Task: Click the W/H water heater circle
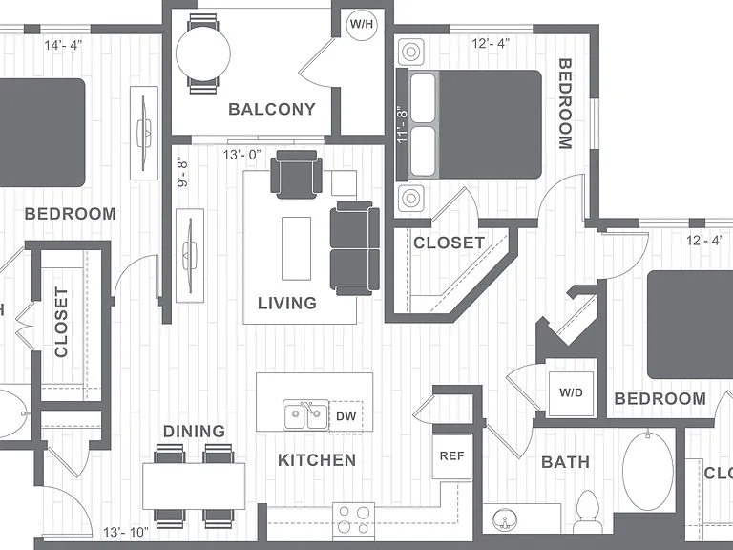pos(362,24)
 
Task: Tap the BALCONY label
pos(272,110)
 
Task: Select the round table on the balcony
pos(203,53)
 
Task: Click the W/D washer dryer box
pos(571,393)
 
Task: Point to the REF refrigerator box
pos(451,456)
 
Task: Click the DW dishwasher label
pos(346,416)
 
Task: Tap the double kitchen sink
pos(305,414)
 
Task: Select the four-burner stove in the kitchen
pos(353,520)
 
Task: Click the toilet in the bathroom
pos(588,512)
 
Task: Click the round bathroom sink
pos(505,520)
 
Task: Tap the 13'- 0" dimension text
pos(241,155)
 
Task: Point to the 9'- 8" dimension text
pos(183,172)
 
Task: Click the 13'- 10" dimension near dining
pos(126,532)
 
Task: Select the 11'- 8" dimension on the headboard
pos(402,125)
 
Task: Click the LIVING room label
pos(287,304)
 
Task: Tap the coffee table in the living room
pos(297,248)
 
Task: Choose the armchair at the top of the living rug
pos(297,174)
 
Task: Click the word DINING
pos(194,432)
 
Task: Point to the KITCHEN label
pos(317,460)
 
